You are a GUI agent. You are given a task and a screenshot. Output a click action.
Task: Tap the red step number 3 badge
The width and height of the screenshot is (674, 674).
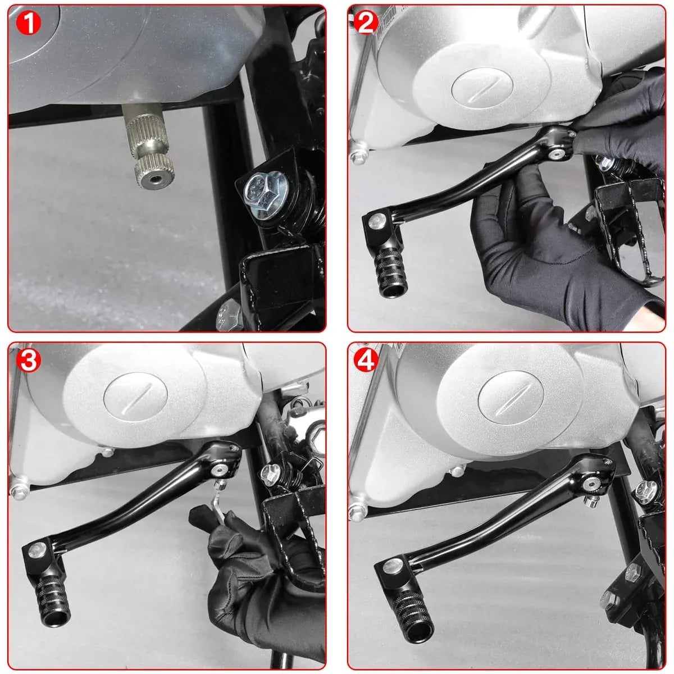pos(28,361)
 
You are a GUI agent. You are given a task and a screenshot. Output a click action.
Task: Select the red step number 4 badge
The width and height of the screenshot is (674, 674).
pos(366,361)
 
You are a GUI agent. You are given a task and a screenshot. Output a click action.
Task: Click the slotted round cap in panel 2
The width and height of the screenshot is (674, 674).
pos(482,89)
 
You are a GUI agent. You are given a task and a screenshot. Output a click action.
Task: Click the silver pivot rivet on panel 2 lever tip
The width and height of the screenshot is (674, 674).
pos(379,220)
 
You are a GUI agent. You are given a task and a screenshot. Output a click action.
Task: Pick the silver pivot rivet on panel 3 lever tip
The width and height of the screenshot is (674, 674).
pos(37,552)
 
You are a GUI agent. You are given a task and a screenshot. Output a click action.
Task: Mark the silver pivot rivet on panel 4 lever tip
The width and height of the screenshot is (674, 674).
pos(393,564)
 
